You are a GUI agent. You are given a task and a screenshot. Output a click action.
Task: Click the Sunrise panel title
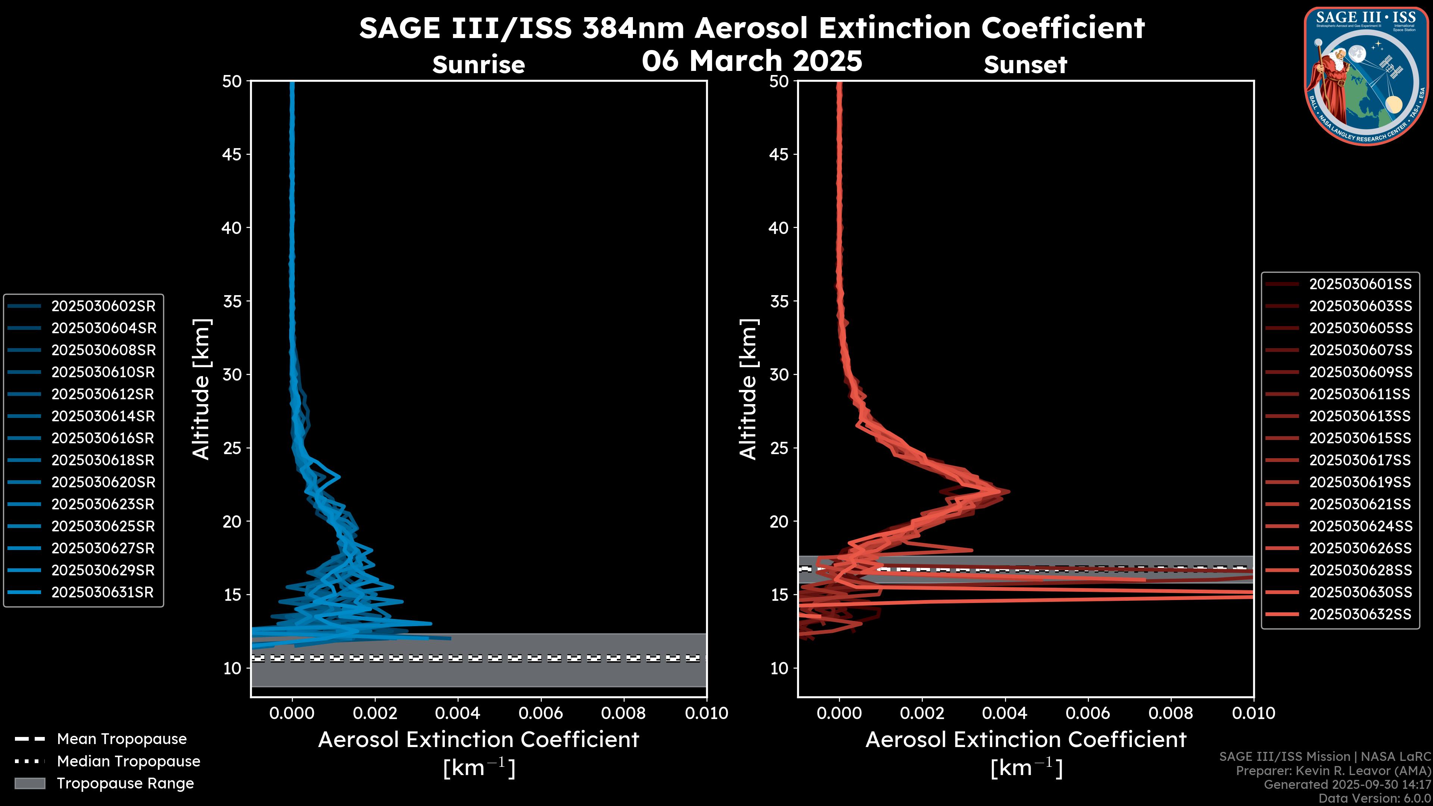pyautogui.click(x=478, y=65)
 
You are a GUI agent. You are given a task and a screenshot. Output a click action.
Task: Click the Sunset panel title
pyautogui.click(x=1025, y=65)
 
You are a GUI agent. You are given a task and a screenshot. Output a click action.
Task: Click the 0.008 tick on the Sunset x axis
pyautogui.click(x=1171, y=713)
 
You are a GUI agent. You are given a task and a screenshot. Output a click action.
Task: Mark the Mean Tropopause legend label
pyautogui.click(x=122, y=739)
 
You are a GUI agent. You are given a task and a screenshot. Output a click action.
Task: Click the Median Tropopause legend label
pyautogui.click(x=128, y=762)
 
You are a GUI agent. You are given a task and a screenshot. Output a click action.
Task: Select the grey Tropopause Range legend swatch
pyautogui.click(x=29, y=784)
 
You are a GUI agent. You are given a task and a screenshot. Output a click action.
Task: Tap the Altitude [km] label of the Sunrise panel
pyautogui.click(x=202, y=389)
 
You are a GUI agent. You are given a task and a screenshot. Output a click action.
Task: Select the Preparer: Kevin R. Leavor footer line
pyautogui.click(x=1333, y=771)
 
